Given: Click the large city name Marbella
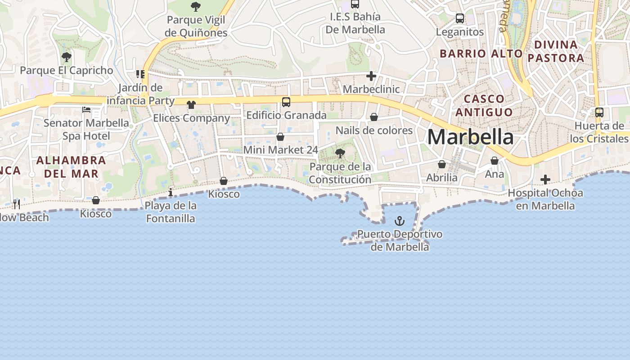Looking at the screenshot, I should point(470,137).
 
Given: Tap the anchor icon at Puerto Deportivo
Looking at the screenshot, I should point(399,221).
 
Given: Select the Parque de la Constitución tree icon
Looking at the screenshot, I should point(340,153).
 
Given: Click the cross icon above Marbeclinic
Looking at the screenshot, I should point(371,76).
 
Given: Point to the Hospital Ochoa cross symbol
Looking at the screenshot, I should point(545,180).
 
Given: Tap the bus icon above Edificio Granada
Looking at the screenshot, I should point(286,102).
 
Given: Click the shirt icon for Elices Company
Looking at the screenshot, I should point(191,105).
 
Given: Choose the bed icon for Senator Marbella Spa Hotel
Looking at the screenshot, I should point(86,109).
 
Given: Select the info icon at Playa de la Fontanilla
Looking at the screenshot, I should point(171,193).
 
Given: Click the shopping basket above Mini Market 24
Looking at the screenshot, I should point(280,137).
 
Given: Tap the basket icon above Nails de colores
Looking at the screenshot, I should point(374,117).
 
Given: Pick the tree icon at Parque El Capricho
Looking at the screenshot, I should point(67,57).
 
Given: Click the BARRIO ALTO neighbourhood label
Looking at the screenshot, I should point(481,54).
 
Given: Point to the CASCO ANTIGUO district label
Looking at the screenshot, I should point(484,105).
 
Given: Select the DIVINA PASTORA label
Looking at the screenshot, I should point(556,51).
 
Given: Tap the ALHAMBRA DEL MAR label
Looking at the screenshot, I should point(71,167).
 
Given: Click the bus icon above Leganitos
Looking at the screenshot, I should point(460,18).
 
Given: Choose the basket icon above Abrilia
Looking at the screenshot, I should point(442,165).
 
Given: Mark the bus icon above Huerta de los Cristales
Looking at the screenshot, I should point(599,112).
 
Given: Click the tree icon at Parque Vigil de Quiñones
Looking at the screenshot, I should point(196,7).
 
